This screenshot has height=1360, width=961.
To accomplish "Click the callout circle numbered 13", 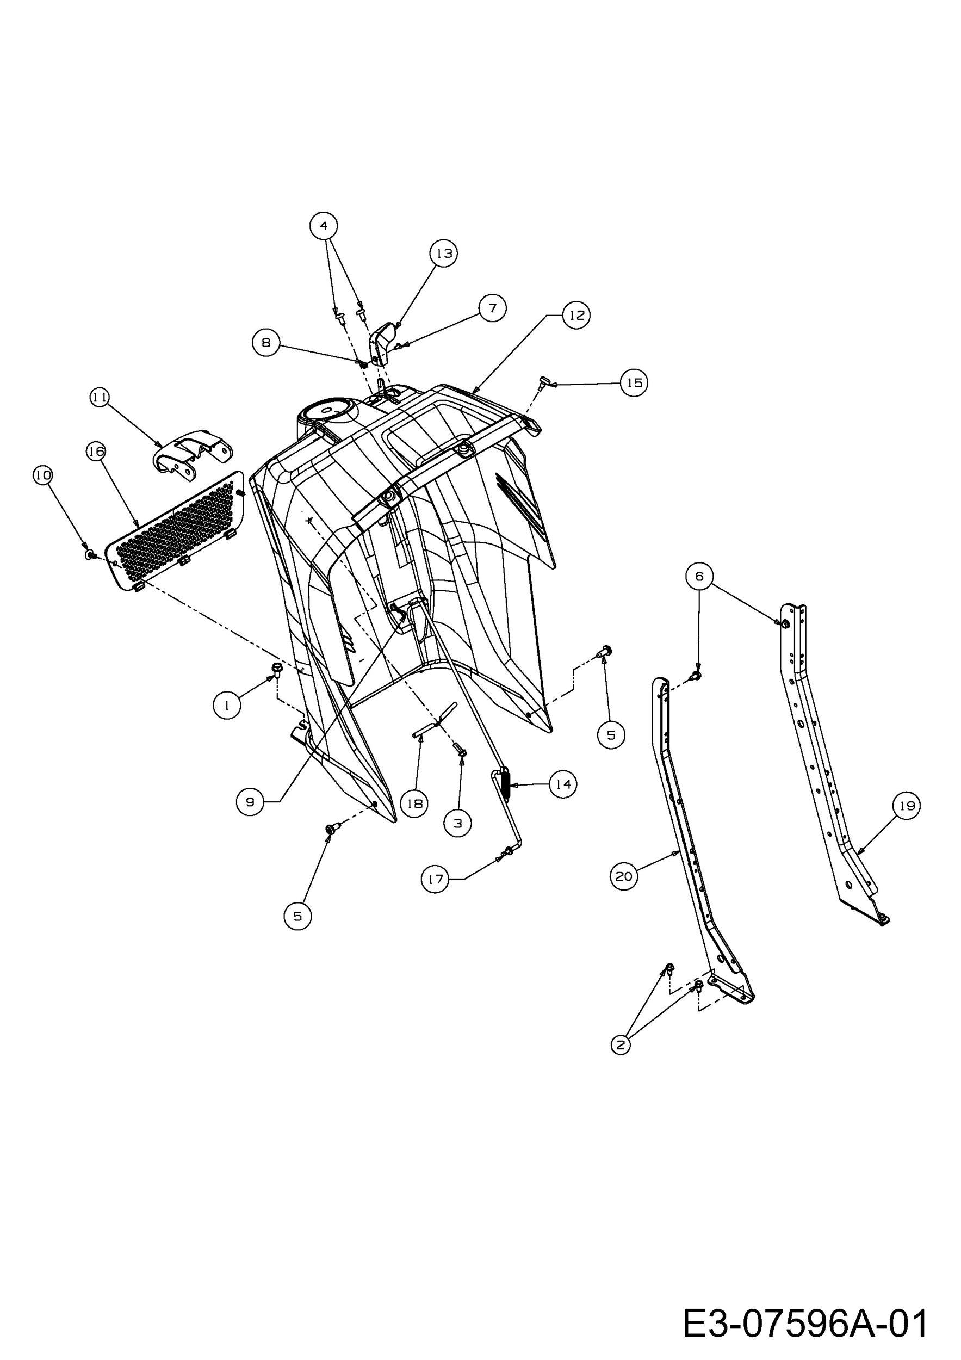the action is pos(443,254).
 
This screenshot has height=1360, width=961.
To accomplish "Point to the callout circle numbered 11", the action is pos(100,397).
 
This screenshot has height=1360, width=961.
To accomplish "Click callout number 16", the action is pos(96,452).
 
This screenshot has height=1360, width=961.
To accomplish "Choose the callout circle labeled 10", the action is pos(42,475).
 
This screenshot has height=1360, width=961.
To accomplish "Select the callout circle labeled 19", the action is pos(907,806).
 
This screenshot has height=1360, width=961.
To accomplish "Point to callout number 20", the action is pos(624,876).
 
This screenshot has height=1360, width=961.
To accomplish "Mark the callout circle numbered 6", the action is pos(699,576).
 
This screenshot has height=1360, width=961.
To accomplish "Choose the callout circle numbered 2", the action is pos(620,1045).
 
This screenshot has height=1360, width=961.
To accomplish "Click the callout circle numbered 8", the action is pos(266,342).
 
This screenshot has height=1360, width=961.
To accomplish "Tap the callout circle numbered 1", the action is pos(227,705).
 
